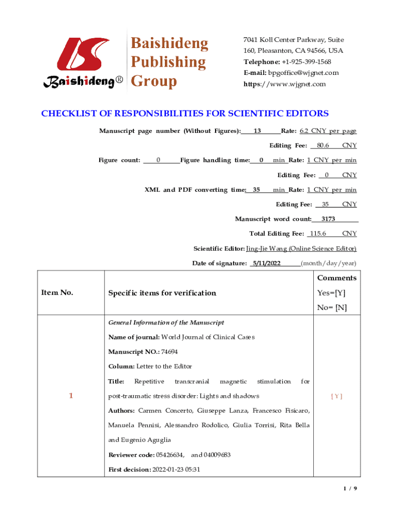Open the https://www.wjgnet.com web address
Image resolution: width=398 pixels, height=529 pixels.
(x=285, y=84)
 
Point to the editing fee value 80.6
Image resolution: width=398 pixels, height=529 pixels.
(x=323, y=146)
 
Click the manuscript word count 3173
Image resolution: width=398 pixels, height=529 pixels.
(x=328, y=219)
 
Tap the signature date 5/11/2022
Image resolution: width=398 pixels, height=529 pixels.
(x=266, y=263)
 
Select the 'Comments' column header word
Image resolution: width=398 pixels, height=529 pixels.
(x=336, y=278)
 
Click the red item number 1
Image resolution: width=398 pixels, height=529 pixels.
(x=71, y=396)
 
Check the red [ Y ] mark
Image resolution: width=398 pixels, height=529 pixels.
(x=337, y=396)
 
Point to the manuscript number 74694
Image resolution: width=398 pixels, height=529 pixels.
(x=169, y=352)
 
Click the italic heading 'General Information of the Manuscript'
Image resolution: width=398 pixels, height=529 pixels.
(x=166, y=323)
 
